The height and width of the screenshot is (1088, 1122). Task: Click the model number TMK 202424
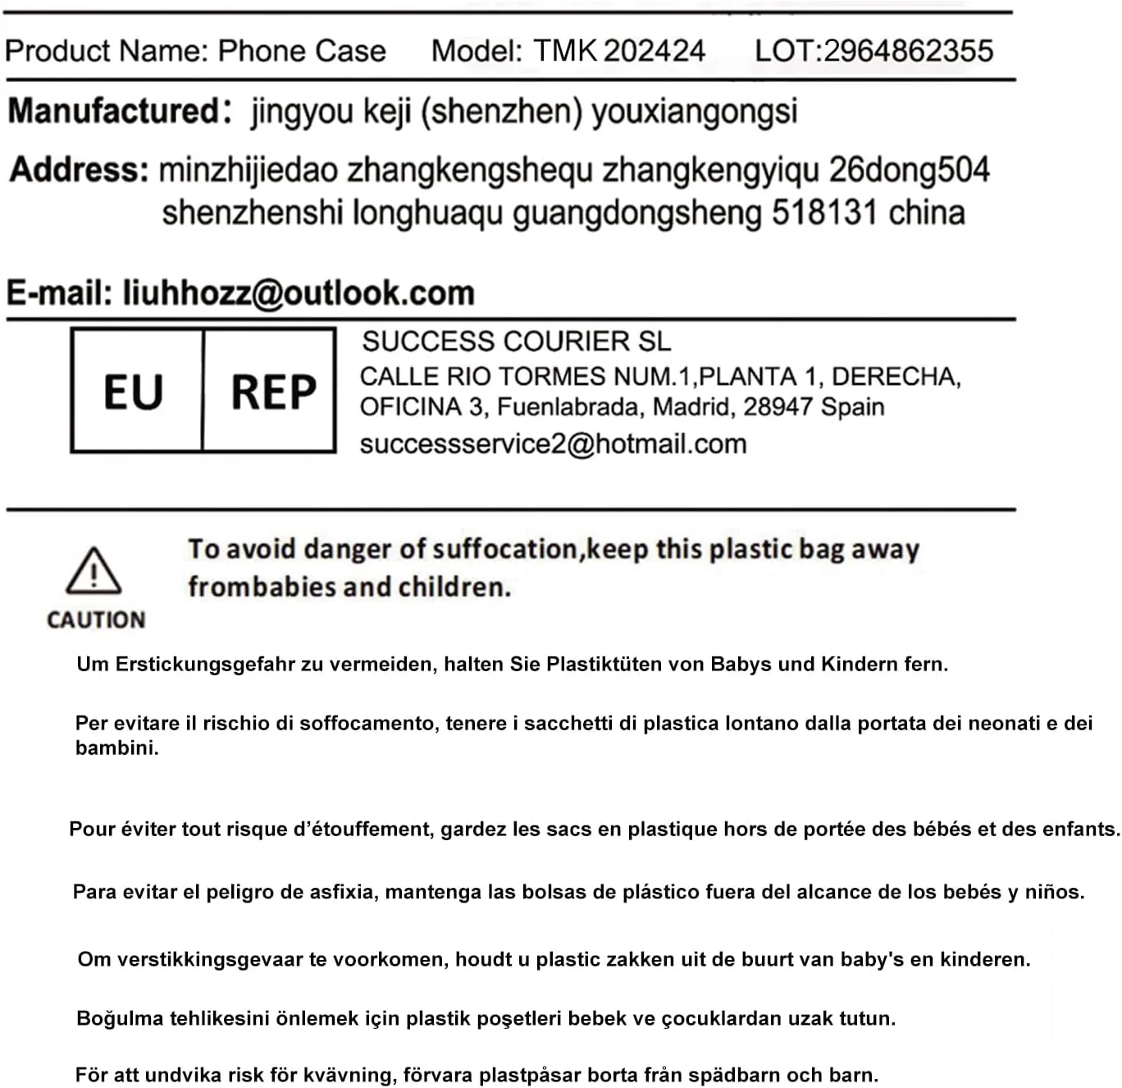tap(619, 51)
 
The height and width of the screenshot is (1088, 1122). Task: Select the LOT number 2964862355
tap(908, 51)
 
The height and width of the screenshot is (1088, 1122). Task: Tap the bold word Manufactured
tap(112, 111)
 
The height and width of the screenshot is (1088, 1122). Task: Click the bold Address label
tap(79, 170)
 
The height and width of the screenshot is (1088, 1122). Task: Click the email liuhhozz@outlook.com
tap(299, 293)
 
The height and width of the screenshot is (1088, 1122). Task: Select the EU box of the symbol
tap(134, 391)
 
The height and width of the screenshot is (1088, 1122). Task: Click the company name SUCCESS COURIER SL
tap(516, 341)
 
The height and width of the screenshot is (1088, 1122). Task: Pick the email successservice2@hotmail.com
tap(553, 444)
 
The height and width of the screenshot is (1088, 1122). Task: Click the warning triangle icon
tap(93, 571)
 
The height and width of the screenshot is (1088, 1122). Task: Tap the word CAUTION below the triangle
tap(96, 620)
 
